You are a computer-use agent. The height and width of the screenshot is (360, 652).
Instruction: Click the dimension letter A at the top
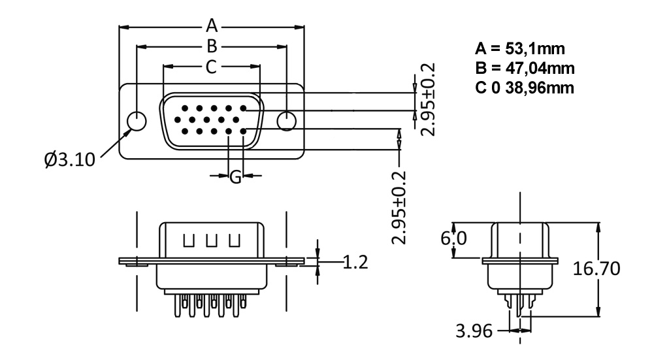pyautogui.click(x=211, y=26)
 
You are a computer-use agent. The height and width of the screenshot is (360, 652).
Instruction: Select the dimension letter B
pyautogui.click(x=211, y=46)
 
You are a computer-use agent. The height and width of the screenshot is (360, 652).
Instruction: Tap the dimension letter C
pyautogui.click(x=211, y=66)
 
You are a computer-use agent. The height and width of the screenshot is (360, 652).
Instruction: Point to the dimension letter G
pyautogui.click(x=236, y=176)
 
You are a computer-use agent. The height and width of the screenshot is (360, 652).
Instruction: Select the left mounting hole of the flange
pyautogui.click(x=137, y=121)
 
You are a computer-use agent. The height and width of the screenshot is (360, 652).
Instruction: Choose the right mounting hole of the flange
pyautogui.click(x=287, y=121)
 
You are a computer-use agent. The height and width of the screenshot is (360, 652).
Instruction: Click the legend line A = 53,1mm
pyautogui.click(x=519, y=48)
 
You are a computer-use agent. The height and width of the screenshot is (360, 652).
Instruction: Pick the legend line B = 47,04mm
pyautogui.click(x=525, y=68)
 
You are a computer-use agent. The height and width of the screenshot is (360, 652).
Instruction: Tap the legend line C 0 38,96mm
pyautogui.click(x=525, y=87)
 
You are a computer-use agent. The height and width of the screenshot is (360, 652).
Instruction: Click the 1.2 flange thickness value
pyautogui.click(x=355, y=263)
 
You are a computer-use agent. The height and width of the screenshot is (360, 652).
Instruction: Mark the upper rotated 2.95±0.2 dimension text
pyautogui.click(x=429, y=99)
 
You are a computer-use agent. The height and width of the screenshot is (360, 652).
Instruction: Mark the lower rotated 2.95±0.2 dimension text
pyautogui.click(x=400, y=207)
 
